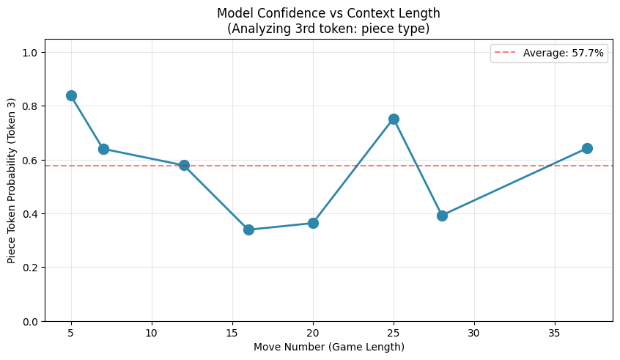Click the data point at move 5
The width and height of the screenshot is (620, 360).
click(71, 95)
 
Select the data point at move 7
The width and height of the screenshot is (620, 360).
click(103, 149)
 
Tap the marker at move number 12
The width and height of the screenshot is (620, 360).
click(184, 165)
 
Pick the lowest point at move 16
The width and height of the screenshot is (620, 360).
click(248, 229)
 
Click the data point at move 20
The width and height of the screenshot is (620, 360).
click(313, 223)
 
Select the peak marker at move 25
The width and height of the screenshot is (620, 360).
click(394, 119)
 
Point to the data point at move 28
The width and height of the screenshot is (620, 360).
click(442, 216)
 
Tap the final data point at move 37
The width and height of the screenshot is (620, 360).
click(587, 148)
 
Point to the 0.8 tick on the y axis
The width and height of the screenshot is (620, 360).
click(31, 106)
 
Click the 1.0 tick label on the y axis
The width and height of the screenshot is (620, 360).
click(31, 53)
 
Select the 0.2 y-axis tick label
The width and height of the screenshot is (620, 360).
click(31, 268)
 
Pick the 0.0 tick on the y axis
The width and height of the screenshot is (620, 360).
click(31, 321)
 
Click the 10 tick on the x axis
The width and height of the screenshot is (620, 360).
click(152, 334)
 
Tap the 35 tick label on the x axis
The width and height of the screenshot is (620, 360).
click(555, 334)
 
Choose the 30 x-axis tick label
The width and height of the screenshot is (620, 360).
click(474, 334)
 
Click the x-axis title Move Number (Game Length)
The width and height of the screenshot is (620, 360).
click(329, 347)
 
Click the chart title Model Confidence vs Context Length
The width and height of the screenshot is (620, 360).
click(329, 13)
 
